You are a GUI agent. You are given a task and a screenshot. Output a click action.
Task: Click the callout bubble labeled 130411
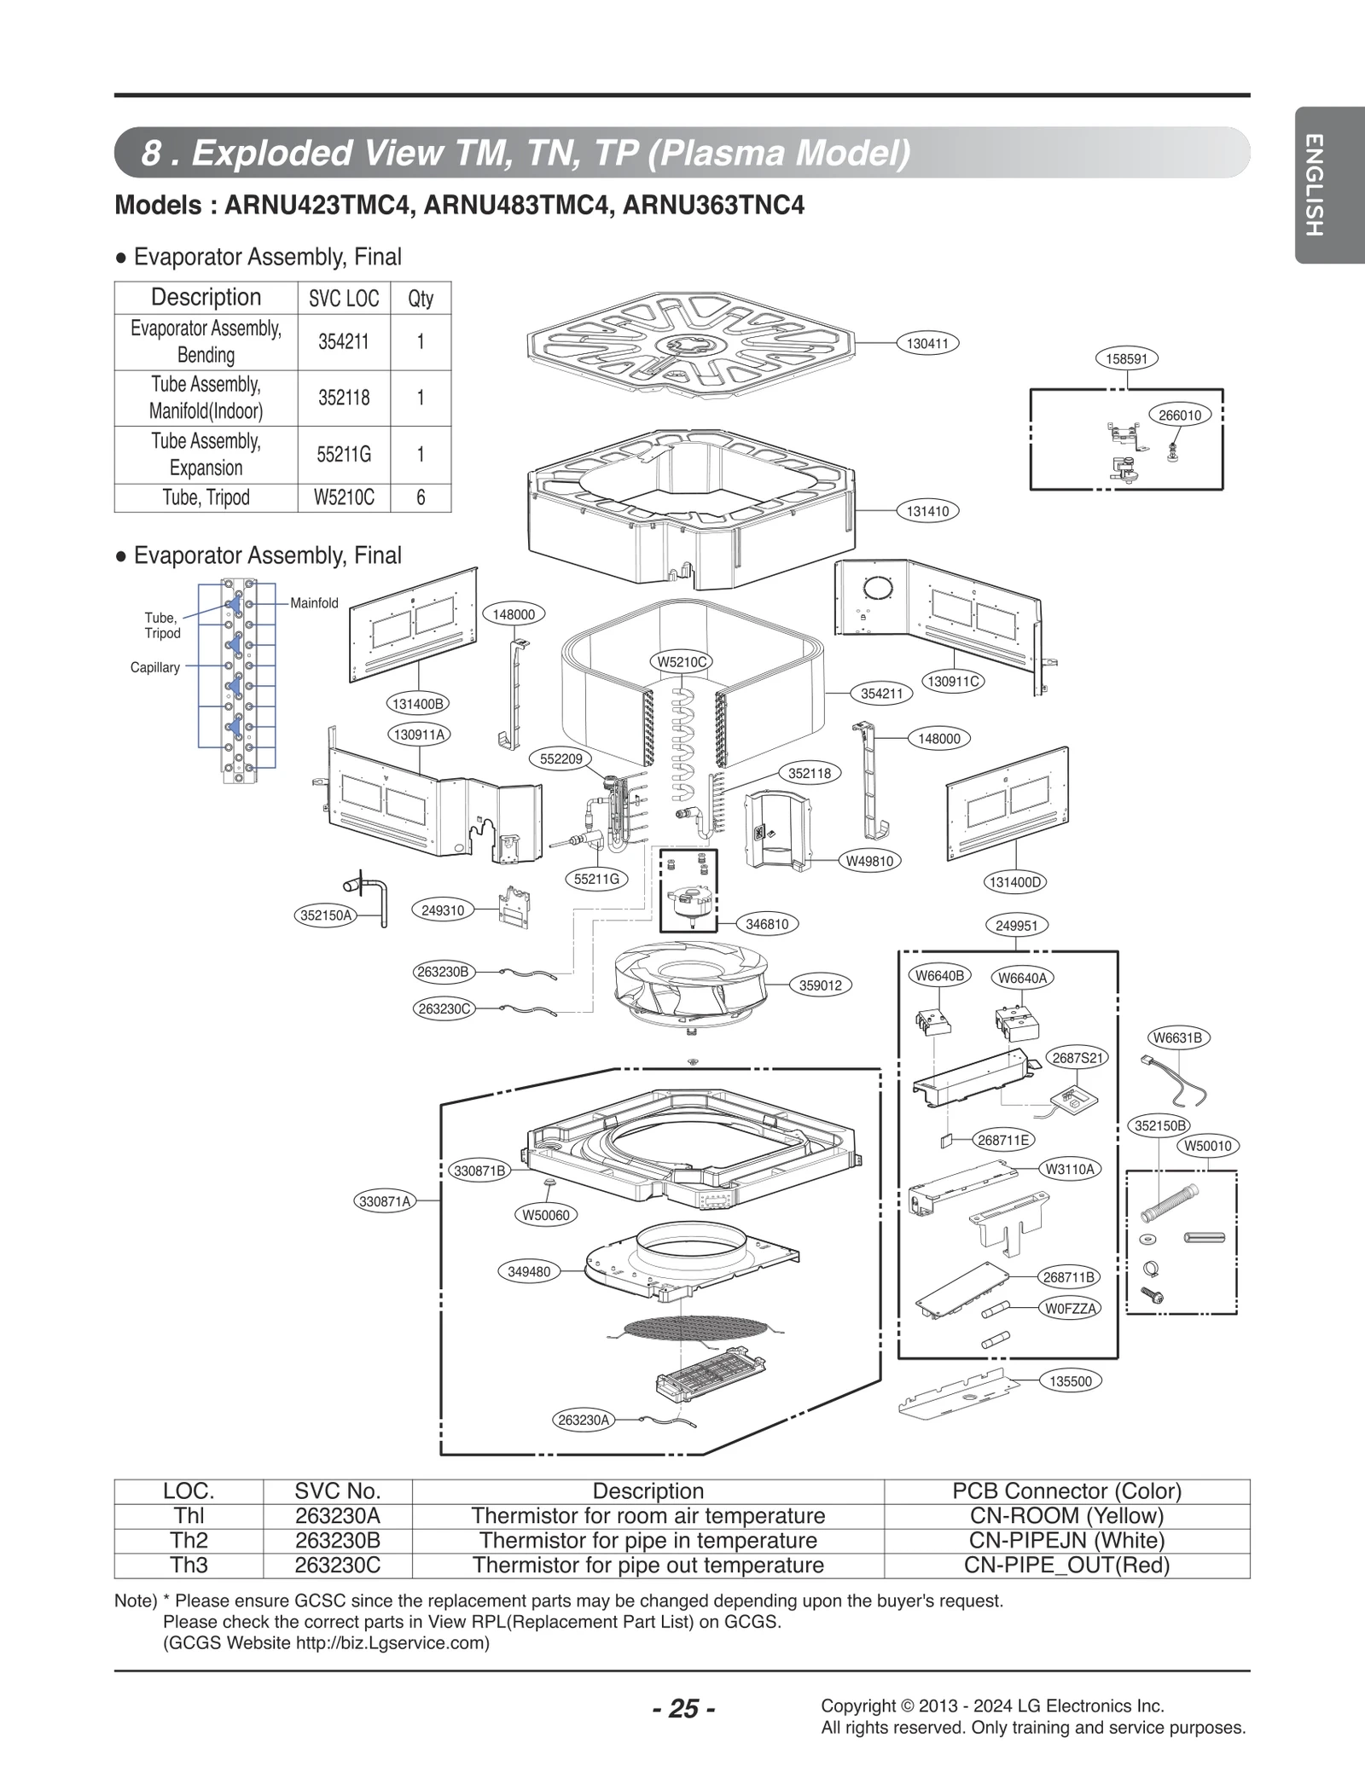point(927,344)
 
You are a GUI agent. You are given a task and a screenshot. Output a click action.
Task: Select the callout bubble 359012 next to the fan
point(820,985)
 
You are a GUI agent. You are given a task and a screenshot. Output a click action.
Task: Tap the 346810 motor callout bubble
point(766,924)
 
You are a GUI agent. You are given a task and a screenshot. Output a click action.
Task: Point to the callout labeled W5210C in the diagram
point(682,661)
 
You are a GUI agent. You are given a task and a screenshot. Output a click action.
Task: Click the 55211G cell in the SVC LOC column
point(344,455)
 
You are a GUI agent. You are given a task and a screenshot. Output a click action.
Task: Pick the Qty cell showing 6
point(421,497)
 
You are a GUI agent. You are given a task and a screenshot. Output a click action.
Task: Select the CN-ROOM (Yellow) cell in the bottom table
point(1066,1515)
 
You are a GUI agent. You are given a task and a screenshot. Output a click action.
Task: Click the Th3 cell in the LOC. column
point(189,1565)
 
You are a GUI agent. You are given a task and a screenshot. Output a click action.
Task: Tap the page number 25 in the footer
point(683,1709)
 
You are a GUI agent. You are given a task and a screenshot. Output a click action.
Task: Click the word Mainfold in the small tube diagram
point(314,603)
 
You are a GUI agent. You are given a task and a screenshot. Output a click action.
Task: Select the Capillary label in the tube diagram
point(154,667)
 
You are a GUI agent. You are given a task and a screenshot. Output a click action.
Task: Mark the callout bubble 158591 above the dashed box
point(1126,359)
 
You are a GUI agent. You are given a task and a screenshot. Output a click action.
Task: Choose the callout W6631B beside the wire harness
point(1176,1038)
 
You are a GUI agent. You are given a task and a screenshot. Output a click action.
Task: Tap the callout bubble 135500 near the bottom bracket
point(1070,1381)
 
